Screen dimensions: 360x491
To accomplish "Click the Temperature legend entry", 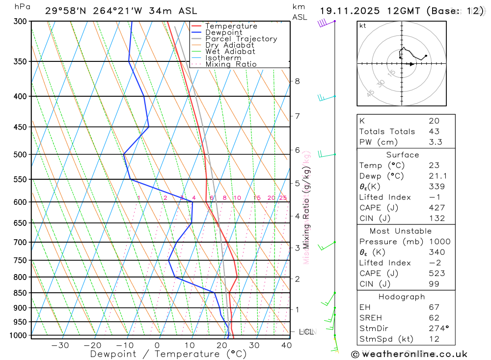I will point(231,26).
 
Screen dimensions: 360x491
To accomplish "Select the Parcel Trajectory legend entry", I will point(241,39).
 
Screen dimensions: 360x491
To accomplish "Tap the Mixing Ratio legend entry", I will point(231,64).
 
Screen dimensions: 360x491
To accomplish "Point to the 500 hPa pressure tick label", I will point(20,155).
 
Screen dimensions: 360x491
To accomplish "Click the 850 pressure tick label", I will point(20,293).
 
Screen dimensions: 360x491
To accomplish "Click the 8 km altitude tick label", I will point(297,81).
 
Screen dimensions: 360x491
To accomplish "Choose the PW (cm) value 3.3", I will point(435,142).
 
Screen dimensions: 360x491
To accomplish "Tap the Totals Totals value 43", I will point(434,132).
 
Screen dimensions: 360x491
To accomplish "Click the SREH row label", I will point(371,318).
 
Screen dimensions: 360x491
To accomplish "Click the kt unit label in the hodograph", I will point(363,26).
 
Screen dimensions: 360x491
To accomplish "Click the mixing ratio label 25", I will point(283,198).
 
